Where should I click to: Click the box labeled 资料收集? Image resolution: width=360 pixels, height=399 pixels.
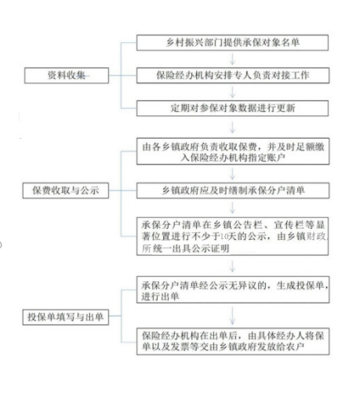(67, 75)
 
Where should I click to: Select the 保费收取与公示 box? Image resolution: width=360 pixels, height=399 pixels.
(66, 190)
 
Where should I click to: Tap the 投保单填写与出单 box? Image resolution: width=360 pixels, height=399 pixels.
(66, 317)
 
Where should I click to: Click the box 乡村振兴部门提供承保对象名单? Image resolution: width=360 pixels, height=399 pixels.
(232, 42)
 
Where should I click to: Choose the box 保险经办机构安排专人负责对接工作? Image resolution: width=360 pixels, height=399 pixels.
(233, 75)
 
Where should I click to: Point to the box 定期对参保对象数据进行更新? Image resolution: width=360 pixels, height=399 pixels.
(232, 108)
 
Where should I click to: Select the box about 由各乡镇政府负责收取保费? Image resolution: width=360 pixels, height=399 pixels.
(233, 151)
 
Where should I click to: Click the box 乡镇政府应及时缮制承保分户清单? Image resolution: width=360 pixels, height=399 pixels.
(233, 190)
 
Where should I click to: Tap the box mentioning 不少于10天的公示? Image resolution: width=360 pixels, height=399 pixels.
(232, 236)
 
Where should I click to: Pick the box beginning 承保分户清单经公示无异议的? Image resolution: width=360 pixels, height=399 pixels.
(233, 290)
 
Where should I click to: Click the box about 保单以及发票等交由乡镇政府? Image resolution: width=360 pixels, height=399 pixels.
(233, 341)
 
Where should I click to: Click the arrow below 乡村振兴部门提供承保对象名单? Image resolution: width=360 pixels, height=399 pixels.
(232, 59)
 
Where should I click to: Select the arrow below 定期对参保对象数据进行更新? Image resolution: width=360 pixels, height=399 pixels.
(232, 127)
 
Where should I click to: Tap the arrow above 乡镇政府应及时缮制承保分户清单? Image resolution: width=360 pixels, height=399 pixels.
(232, 173)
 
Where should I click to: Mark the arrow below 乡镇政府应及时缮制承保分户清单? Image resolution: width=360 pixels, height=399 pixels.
(232, 208)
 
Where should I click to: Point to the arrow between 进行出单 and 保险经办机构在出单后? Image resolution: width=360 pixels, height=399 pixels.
(232, 316)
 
